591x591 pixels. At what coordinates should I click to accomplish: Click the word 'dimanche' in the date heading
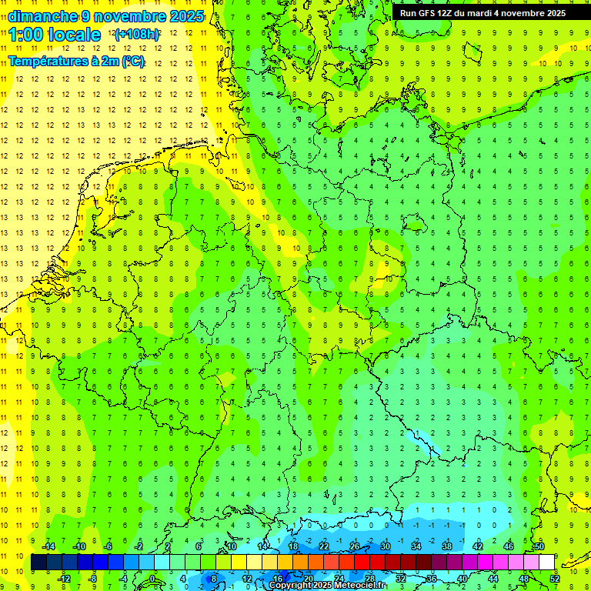[42, 16]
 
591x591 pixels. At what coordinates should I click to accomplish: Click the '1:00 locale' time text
[55, 35]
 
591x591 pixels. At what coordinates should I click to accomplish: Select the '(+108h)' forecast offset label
[136, 35]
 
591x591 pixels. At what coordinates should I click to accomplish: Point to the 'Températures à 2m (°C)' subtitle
[76, 62]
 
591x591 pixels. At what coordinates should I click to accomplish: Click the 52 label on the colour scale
[555, 578]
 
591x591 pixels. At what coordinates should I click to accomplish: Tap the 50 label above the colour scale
[539, 546]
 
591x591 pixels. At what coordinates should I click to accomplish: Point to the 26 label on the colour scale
[355, 546]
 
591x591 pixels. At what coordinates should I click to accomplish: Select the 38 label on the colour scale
[447, 546]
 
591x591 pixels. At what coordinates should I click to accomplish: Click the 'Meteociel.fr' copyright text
[354, 586]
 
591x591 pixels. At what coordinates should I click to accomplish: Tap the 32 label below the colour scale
[401, 578]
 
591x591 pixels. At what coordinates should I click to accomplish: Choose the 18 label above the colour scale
[293, 546]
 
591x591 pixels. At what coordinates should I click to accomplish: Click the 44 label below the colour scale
[493, 578]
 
